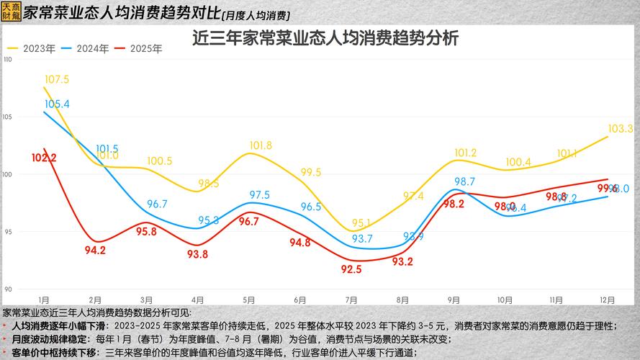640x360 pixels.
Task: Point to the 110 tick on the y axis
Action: [x=8, y=59]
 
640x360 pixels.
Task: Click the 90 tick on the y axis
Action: [x=8, y=289]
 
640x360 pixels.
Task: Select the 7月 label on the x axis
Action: [x=351, y=300]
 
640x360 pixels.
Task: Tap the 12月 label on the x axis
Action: [x=608, y=300]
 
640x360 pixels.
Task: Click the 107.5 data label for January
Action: [x=56, y=79]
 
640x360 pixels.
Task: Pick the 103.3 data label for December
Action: [x=620, y=129]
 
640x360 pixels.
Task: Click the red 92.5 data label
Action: [x=351, y=269]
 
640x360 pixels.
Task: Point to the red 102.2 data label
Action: [x=44, y=157]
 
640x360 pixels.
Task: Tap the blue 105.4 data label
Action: [x=57, y=104]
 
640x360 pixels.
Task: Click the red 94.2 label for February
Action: [x=95, y=251]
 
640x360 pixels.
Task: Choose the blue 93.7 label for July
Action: [x=362, y=238]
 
